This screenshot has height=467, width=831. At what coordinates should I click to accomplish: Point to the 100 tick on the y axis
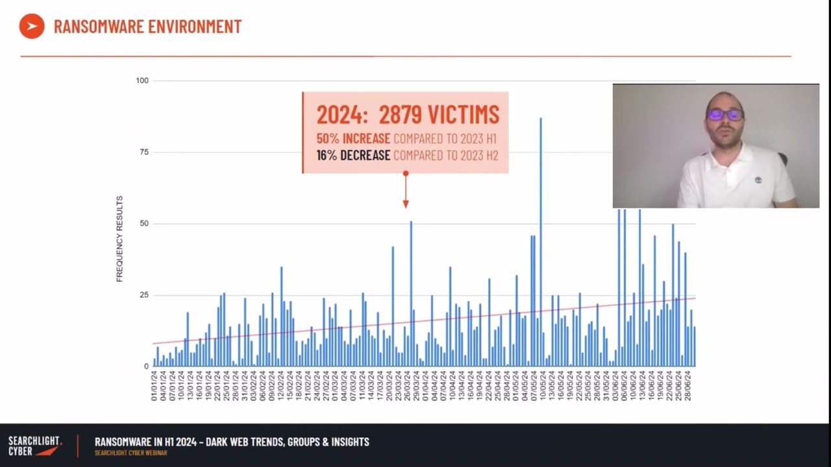click(x=142, y=80)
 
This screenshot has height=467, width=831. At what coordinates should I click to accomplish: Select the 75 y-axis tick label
click(x=142, y=152)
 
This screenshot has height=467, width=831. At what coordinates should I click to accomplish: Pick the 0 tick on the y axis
click(x=146, y=366)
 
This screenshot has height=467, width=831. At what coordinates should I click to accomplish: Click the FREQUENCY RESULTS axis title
click(x=119, y=239)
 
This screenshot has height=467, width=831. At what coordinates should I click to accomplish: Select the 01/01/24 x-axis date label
click(x=155, y=385)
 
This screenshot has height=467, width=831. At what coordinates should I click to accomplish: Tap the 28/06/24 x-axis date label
click(x=688, y=385)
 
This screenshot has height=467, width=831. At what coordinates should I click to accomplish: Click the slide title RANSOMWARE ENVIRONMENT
click(x=147, y=27)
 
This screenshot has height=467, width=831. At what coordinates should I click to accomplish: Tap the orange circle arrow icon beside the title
click(x=32, y=26)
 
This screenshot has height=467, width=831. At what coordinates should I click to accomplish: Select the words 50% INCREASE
click(x=353, y=139)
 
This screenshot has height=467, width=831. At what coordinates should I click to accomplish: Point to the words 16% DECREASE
click(x=353, y=156)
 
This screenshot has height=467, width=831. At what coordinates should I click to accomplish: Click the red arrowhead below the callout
click(x=406, y=204)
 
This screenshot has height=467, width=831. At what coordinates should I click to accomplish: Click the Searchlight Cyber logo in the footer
click(x=35, y=446)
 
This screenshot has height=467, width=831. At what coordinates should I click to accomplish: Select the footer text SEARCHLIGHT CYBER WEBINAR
click(x=130, y=453)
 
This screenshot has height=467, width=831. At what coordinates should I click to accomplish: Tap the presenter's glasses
click(x=725, y=115)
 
